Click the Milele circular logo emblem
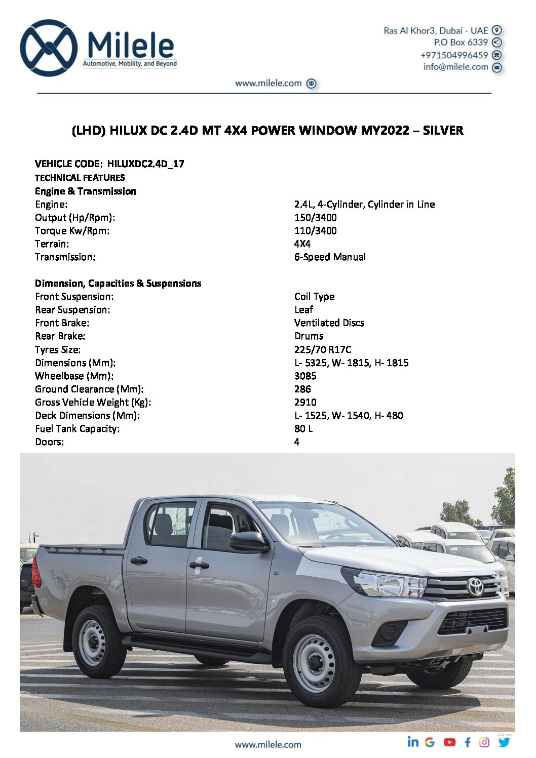[x=49, y=48]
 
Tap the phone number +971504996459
[x=454, y=55]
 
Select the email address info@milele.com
[x=455, y=67]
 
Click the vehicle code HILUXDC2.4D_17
[x=145, y=164]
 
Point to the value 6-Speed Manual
[x=330, y=257]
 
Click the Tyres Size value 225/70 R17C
[x=323, y=349]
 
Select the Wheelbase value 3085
[x=305, y=376]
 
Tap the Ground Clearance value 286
[x=302, y=389]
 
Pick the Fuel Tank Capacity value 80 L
[x=303, y=428]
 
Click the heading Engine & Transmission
[x=85, y=191]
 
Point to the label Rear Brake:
[x=60, y=336]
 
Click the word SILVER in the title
[x=443, y=131]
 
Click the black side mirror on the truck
[x=248, y=542]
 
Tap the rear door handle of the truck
[x=139, y=561]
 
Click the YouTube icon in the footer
[x=449, y=742]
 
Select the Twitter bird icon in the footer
[x=504, y=742]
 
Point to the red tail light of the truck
[x=36, y=573]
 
